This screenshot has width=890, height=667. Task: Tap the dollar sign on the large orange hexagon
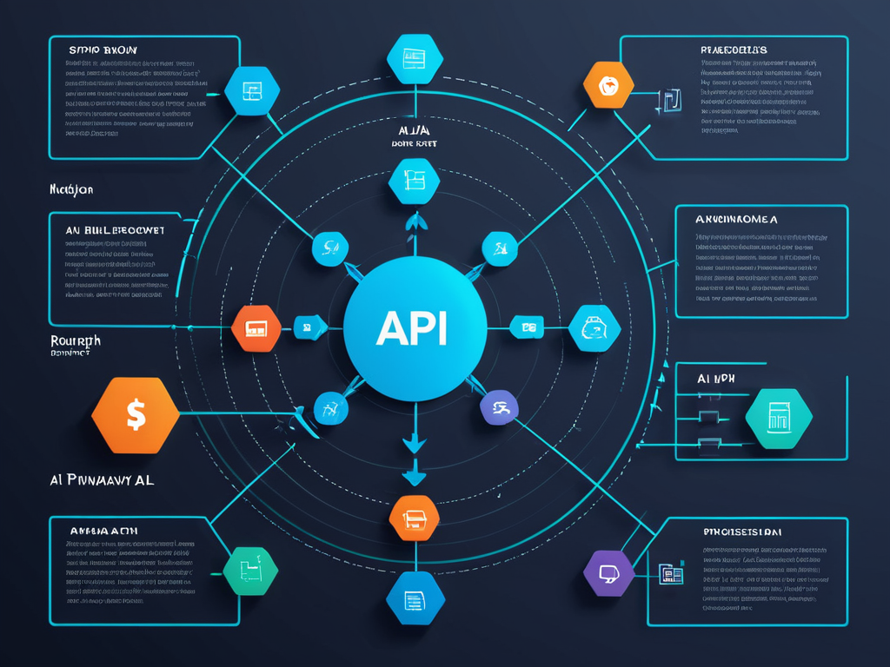[136, 415]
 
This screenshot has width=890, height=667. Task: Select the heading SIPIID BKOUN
[103, 50]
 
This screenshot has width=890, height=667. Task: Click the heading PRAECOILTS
[734, 50]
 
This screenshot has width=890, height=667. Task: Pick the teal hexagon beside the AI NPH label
[779, 419]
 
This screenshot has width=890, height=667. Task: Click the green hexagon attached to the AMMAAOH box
[251, 571]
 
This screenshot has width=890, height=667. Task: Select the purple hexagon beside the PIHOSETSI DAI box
[609, 572]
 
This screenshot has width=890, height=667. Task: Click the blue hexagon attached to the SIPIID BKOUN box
[252, 90]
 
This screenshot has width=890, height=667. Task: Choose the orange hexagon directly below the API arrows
[415, 518]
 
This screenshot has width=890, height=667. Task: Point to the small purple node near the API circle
[499, 406]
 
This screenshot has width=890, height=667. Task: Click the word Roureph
[75, 340]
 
